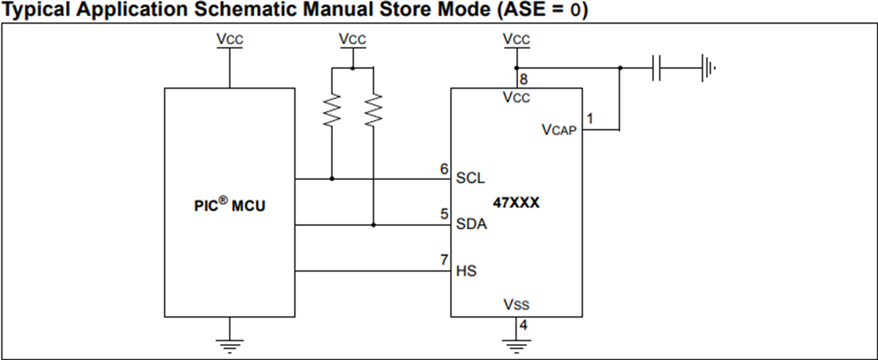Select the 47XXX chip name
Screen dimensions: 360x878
[517, 203]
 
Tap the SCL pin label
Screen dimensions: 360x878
[470, 178]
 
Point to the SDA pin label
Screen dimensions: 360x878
[471, 225]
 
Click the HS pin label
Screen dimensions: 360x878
[466, 271]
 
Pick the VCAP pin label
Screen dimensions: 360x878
[559, 130]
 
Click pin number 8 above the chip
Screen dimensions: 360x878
[522, 79]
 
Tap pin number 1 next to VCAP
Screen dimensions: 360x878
[589, 117]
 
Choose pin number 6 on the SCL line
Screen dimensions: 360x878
[444, 168]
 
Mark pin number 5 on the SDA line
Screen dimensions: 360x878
[444, 214]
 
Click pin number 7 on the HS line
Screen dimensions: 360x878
[444, 260]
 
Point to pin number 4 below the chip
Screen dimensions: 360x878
[522, 323]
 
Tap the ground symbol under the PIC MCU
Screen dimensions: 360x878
[230, 344]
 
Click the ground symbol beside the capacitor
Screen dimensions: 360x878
[708, 70]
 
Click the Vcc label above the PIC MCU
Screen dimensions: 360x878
[230, 40]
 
